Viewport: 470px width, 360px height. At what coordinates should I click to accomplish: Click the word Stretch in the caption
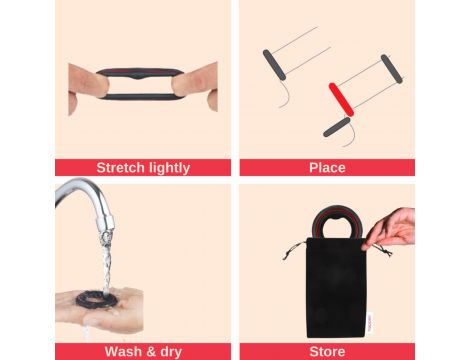click(121, 167)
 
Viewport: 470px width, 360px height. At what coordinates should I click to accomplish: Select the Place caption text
click(327, 167)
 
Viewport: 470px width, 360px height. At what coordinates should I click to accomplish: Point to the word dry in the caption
click(171, 352)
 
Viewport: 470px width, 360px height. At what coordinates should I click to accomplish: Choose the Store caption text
click(327, 352)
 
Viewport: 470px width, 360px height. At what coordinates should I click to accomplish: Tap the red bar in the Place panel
click(341, 99)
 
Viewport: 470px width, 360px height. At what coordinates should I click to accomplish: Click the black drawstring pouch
click(336, 287)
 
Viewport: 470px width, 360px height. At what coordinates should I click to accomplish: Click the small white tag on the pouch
click(371, 322)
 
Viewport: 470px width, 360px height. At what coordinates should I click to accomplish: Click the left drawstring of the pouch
click(294, 250)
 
